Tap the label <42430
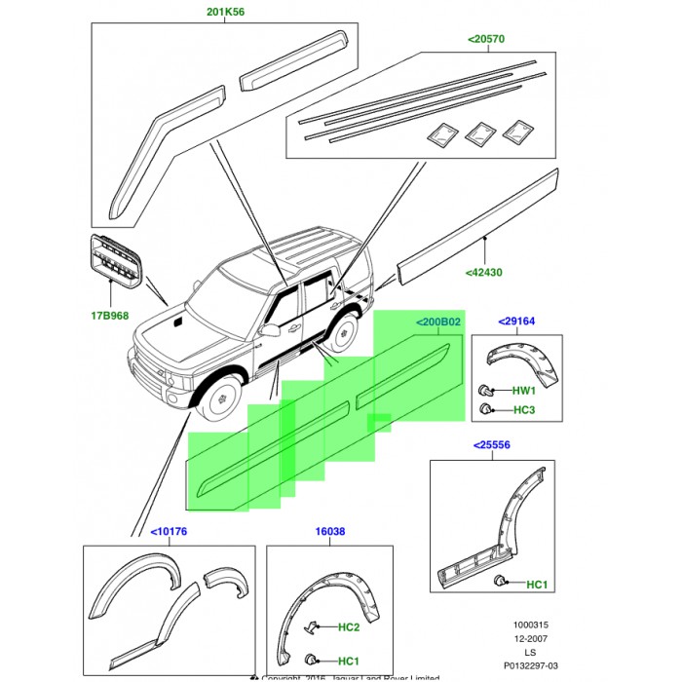[x=484, y=273]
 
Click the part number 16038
[x=329, y=532]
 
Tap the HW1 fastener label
[x=524, y=391]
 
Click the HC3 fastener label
[x=524, y=410]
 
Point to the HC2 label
[x=348, y=627]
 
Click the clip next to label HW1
[x=484, y=390]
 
